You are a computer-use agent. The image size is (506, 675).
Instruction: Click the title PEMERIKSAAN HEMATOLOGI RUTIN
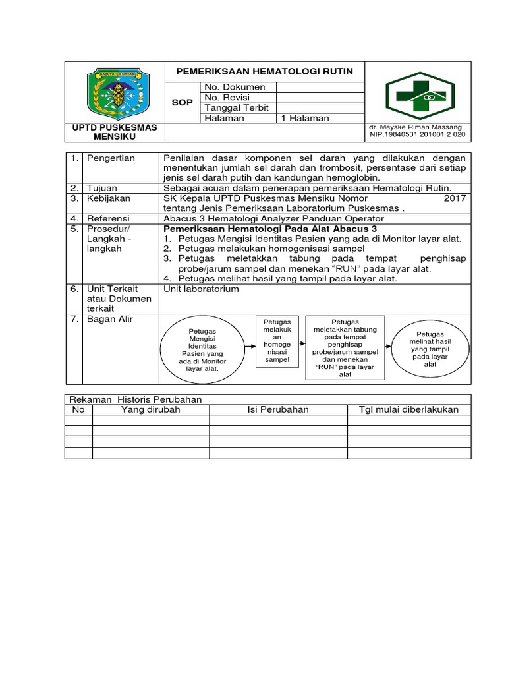point(264,71)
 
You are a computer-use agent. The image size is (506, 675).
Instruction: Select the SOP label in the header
point(182,103)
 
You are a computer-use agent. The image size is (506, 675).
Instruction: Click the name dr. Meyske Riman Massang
point(416,127)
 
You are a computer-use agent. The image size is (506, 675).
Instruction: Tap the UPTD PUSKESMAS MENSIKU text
point(115,132)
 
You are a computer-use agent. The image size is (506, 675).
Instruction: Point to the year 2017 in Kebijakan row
point(455,198)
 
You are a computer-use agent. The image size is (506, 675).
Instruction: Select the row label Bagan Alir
point(109,320)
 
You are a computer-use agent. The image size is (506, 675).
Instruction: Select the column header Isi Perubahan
point(278,409)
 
